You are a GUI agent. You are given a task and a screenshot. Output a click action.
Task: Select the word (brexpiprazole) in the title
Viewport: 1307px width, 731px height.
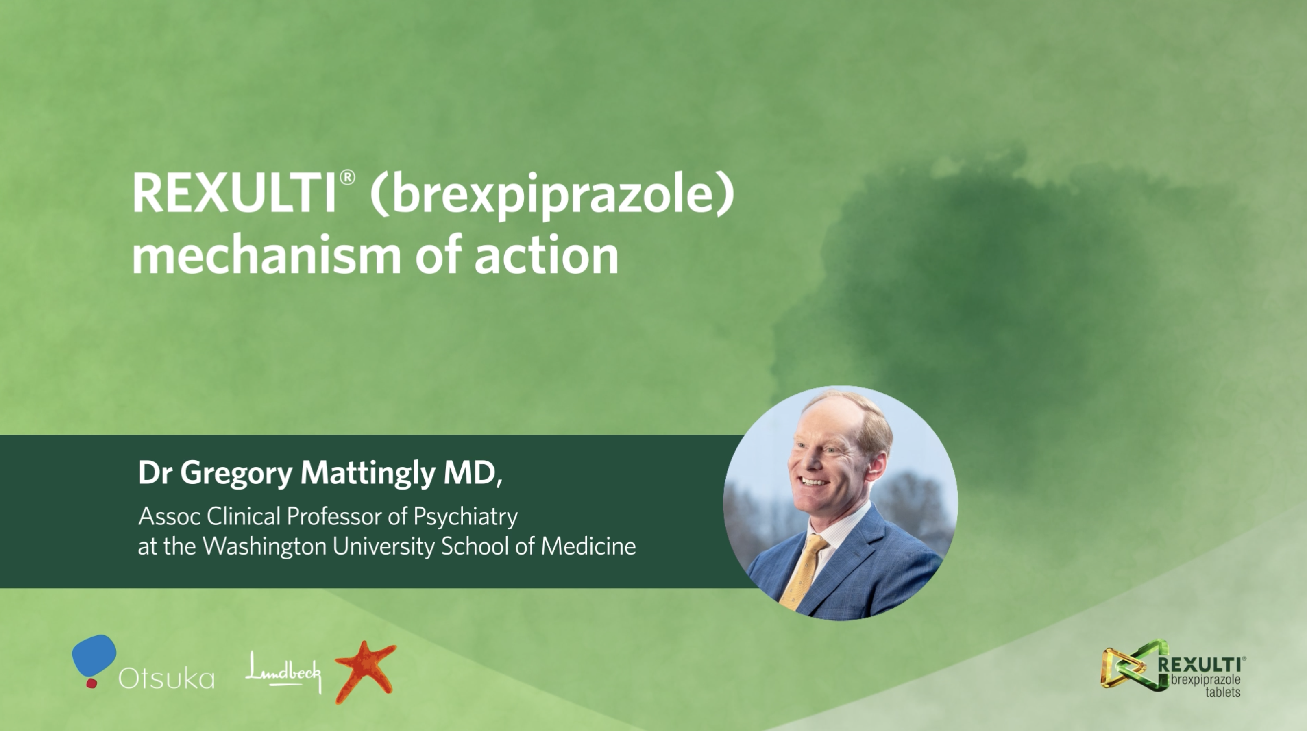pos(552,197)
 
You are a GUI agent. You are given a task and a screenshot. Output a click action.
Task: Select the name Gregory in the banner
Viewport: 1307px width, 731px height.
pos(236,474)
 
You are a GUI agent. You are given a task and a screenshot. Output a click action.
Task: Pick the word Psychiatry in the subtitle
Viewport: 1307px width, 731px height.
pos(466,517)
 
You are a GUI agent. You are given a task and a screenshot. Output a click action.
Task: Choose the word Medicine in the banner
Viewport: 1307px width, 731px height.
pos(588,546)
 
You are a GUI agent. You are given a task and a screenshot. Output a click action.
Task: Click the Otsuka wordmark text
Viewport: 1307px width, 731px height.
pos(166,679)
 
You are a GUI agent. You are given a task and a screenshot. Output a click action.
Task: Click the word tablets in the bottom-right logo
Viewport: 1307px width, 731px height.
pos(1223,692)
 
